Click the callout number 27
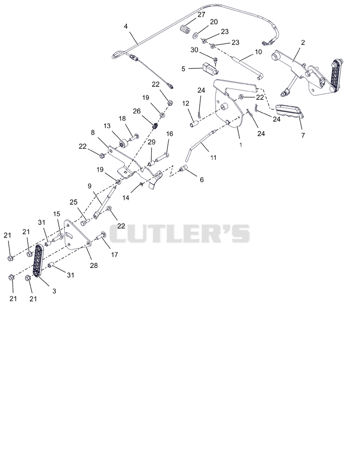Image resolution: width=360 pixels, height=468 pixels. click(202, 14)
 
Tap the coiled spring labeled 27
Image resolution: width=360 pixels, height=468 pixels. click(186, 30)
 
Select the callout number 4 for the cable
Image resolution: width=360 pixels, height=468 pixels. click(126, 26)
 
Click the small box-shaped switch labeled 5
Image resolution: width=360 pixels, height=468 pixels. click(211, 68)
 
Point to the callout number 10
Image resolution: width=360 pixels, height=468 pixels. click(258, 52)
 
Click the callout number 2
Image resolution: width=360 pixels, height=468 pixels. click(303, 42)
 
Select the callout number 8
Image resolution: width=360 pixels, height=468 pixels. click(93, 132)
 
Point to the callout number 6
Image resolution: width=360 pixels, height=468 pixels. click(202, 180)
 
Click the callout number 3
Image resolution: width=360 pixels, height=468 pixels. click(54, 291)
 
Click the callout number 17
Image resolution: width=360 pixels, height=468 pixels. click(114, 255)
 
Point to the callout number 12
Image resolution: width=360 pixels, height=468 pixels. click(185, 103)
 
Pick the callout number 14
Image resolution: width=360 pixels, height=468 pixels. click(126, 198)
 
